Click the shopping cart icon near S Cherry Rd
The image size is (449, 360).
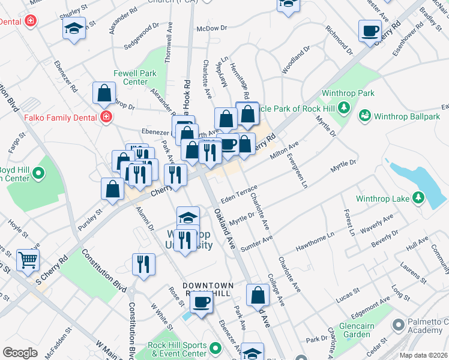point(28,260)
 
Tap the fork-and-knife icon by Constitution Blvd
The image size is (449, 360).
point(143,263)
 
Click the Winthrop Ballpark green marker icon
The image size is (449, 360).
point(364,115)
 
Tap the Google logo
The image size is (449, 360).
point(20,353)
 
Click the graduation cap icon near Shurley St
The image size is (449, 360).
point(74,28)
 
